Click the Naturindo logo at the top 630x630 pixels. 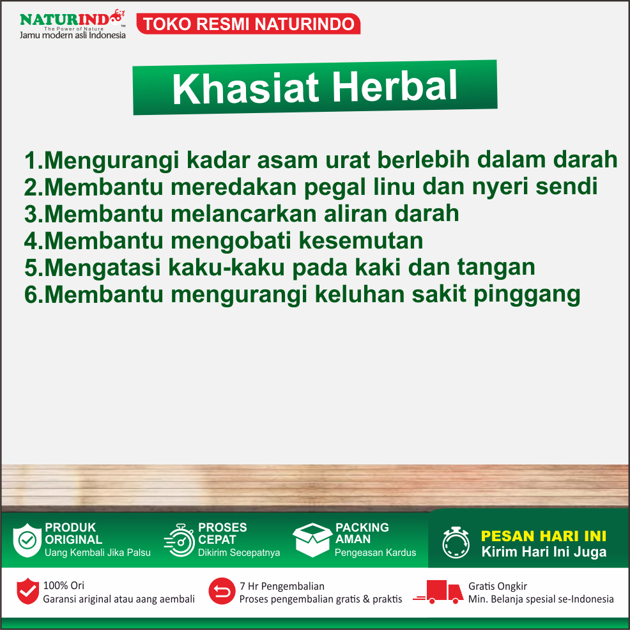(x=72, y=24)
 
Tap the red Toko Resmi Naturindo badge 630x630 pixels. (x=249, y=24)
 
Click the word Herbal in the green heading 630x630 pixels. (x=395, y=86)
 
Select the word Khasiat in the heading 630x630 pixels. (x=245, y=88)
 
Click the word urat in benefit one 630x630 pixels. (x=347, y=160)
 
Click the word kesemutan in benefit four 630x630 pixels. (x=361, y=240)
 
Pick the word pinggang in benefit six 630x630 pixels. (x=526, y=295)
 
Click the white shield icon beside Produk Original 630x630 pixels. (x=27, y=540)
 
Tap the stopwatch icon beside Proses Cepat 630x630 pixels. (x=179, y=541)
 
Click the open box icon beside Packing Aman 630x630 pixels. (x=312, y=540)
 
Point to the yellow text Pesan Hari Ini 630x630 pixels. (x=544, y=536)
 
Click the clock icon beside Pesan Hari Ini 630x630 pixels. (x=456, y=542)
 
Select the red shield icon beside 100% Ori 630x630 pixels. (x=27, y=591)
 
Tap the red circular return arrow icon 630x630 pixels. (x=222, y=591)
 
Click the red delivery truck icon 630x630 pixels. (x=438, y=592)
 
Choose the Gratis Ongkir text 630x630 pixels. (x=497, y=586)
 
